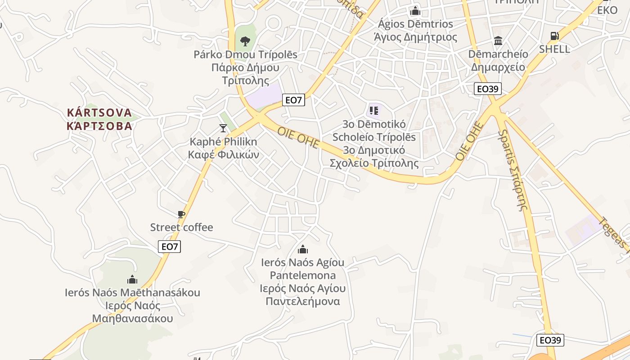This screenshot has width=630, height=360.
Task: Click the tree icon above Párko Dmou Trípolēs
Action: tap(245, 41)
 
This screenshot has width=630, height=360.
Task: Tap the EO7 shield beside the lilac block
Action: tap(293, 100)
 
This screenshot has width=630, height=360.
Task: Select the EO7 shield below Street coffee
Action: tap(170, 246)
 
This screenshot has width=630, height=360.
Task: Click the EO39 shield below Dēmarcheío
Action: tap(488, 89)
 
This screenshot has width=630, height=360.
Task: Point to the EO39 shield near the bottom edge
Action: tap(550, 340)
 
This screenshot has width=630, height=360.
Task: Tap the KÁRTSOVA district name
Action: tap(99, 112)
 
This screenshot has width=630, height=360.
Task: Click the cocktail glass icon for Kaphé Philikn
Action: tap(223, 128)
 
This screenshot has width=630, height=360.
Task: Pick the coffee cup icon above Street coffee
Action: tap(181, 214)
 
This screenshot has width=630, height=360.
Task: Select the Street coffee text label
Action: tap(181, 227)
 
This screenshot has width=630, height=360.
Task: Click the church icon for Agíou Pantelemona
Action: tap(303, 249)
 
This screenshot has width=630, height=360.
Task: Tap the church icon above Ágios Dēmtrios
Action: tap(415, 10)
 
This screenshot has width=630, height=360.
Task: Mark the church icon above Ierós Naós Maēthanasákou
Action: tap(132, 279)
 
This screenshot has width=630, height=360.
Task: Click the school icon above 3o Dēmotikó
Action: tap(373, 110)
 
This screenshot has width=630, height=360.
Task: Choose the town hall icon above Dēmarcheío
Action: tap(498, 41)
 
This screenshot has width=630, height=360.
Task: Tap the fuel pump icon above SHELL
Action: tap(555, 36)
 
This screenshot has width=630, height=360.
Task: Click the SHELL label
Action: tap(554, 49)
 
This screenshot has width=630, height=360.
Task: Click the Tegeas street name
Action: tap(615, 234)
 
